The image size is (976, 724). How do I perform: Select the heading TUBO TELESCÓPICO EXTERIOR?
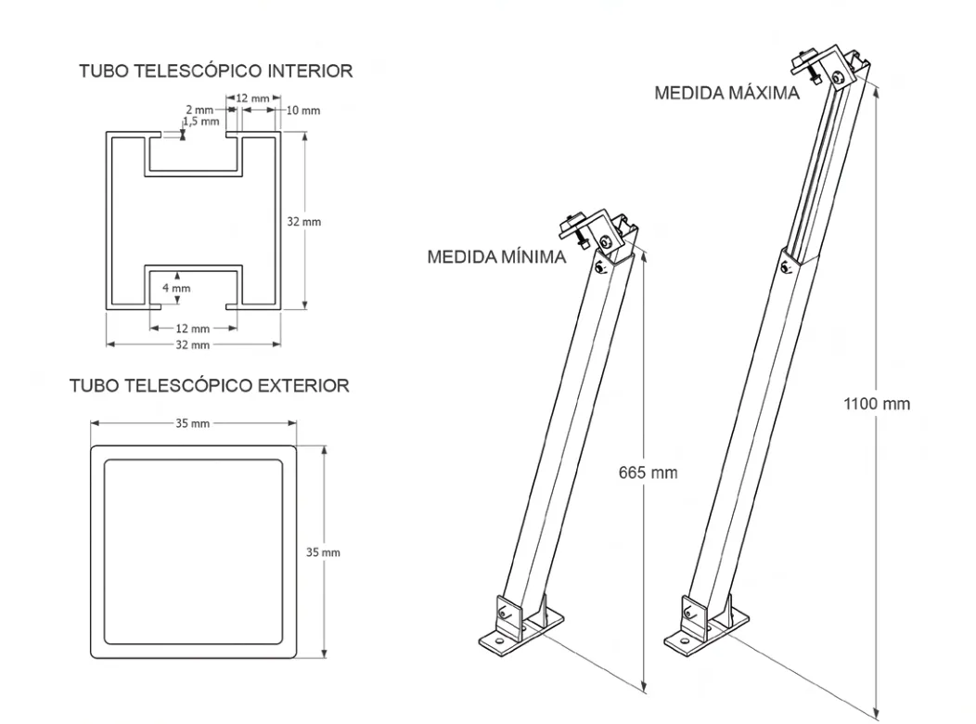tap(210, 385)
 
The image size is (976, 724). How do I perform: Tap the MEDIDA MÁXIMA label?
tap(726, 94)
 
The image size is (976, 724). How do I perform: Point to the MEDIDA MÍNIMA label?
tap(496, 257)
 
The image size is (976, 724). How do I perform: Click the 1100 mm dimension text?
tap(877, 404)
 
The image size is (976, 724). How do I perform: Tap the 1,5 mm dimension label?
tap(203, 122)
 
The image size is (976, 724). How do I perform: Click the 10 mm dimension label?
tap(302, 110)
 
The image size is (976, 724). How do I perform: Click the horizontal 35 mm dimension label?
tap(193, 423)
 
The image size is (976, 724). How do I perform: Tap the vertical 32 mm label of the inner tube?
tap(305, 223)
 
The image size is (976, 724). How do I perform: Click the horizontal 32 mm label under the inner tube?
tap(193, 344)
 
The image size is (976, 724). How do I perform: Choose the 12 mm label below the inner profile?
tap(193, 328)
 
